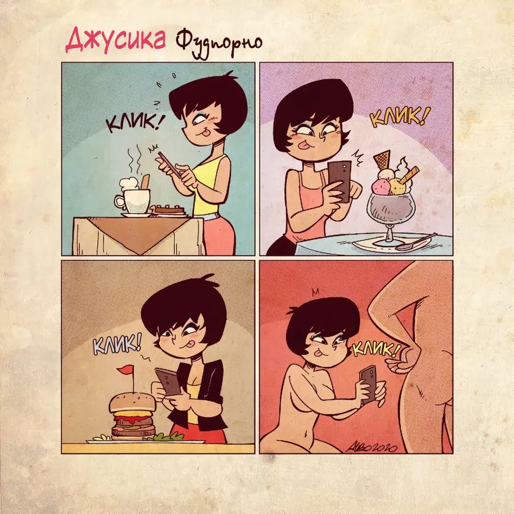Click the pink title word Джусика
(116, 41)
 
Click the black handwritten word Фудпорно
(219, 45)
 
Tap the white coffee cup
(133, 201)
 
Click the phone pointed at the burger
(168, 381)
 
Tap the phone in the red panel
(369, 384)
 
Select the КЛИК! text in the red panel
(377, 348)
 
